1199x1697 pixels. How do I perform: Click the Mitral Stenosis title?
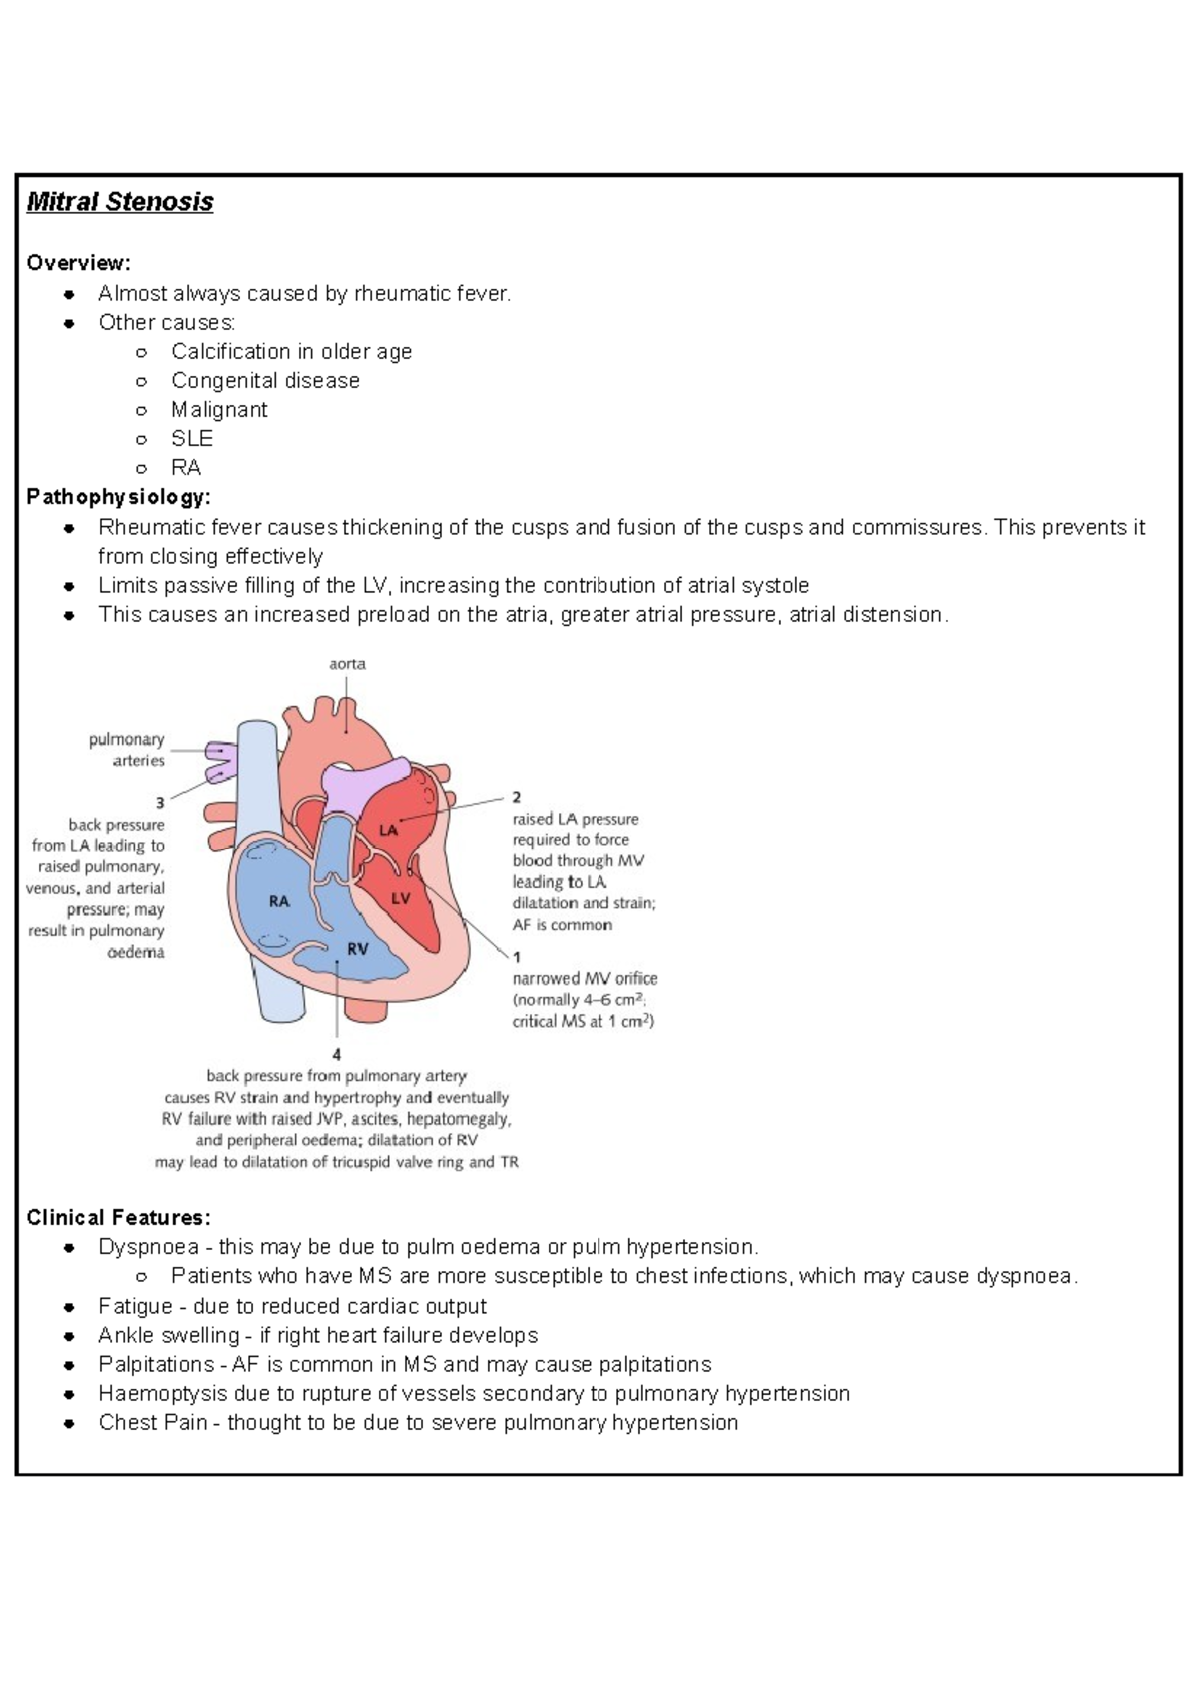(120, 202)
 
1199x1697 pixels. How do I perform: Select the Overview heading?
(78, 263)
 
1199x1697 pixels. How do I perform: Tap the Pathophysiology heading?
(118, 497)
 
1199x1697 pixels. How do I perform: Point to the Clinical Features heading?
(118, 1217)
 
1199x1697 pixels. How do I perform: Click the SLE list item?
(192, 439)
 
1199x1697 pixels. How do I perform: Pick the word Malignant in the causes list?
(219, 410)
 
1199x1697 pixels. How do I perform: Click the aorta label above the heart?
(347, 664)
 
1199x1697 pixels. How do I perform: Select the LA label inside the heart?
(389, 830)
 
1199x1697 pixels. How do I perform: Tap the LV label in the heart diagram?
(401, 898)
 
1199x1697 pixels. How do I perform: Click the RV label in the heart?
(357, 949)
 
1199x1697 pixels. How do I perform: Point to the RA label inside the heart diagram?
(279, 901)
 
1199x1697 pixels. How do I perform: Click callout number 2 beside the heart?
(517, 797)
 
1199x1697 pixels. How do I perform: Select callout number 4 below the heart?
(337, 1054)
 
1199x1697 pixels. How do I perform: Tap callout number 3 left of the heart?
(159, 802)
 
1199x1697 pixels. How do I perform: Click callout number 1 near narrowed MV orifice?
(517, 956)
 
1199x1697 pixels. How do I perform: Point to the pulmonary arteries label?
(127, 750)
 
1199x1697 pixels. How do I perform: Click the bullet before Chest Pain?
(69, 1423)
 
